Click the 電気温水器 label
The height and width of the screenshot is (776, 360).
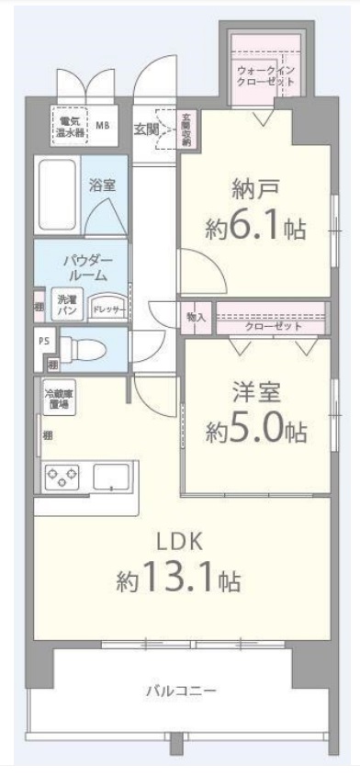point(67,126)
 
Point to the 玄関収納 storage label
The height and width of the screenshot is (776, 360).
point(186,129)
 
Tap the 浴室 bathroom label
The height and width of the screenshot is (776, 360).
point(102,185)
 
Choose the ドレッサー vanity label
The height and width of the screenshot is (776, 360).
point(107,311)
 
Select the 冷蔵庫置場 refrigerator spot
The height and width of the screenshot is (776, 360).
point(59,399)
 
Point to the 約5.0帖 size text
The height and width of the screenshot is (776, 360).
point(255,430)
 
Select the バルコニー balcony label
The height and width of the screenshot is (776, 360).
point(179,691)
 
